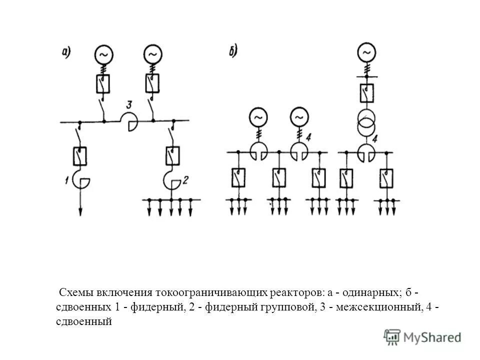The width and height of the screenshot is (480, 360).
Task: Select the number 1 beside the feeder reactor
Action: point(66,181)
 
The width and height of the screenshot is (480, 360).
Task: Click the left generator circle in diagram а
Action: point(104,53)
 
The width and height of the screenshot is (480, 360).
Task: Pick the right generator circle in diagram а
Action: point(152,53)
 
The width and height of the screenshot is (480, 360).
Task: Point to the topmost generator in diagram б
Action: point(366,52)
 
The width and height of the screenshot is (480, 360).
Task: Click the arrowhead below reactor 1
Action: point(80,211)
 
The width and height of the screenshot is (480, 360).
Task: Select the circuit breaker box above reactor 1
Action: point(80,155)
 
